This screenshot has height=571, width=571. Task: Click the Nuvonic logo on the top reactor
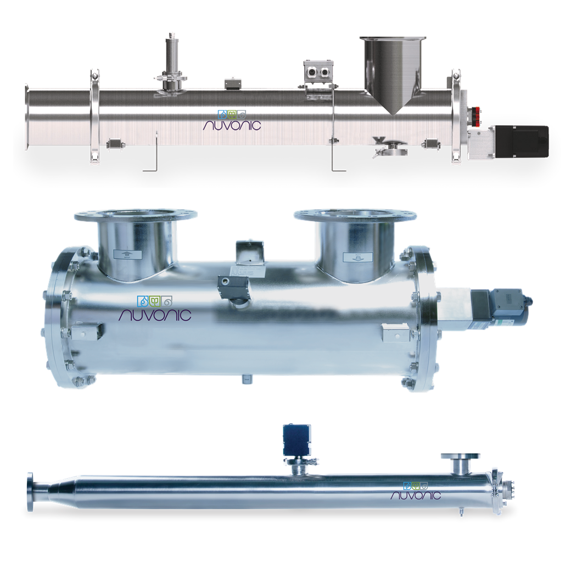pos(231,119)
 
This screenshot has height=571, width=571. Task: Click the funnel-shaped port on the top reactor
pos(393,71)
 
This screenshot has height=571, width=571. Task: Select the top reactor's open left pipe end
pos(27,118)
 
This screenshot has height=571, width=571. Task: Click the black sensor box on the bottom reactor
pos(296,438)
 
